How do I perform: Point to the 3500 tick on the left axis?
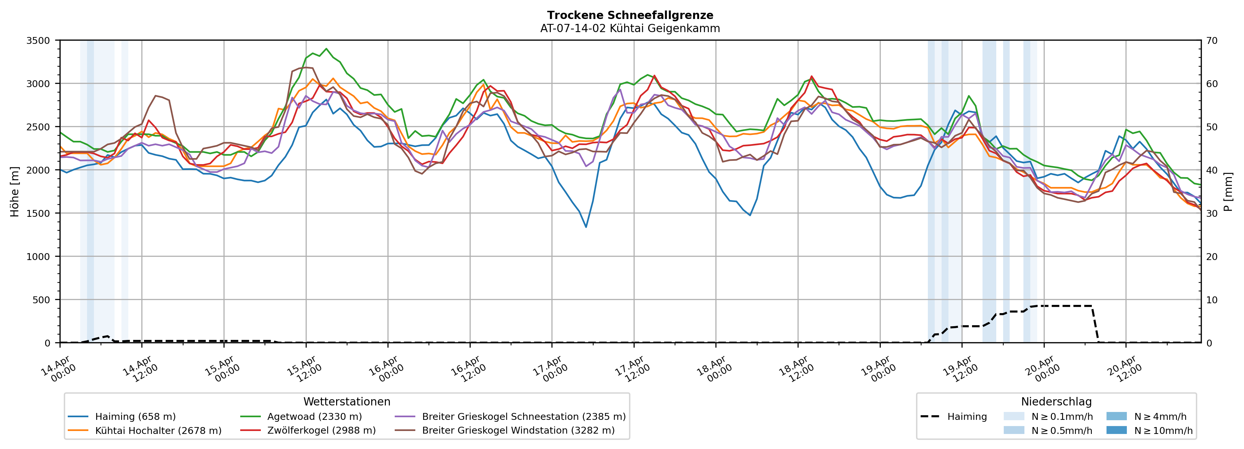click(x=38, y=41)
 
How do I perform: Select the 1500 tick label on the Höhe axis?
click(x=38, y=214)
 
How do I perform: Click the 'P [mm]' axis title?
click(x=1229, y=192)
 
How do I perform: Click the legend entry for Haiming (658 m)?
click(x=135, y=417)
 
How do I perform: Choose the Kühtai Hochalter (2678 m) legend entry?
click(x=158, y=431)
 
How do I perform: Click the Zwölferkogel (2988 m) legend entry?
click(x=321, y=431)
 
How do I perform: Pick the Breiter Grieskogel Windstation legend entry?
click(x=518, y=431)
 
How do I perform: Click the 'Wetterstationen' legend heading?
click(x=347, y=402)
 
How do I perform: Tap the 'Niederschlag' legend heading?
click(x=1056, y=402)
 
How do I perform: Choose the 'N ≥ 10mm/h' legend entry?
click(x=1163, y=431)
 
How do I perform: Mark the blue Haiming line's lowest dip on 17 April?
click(x=586, y=227)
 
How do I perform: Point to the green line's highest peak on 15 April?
click(x=326, y=49)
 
